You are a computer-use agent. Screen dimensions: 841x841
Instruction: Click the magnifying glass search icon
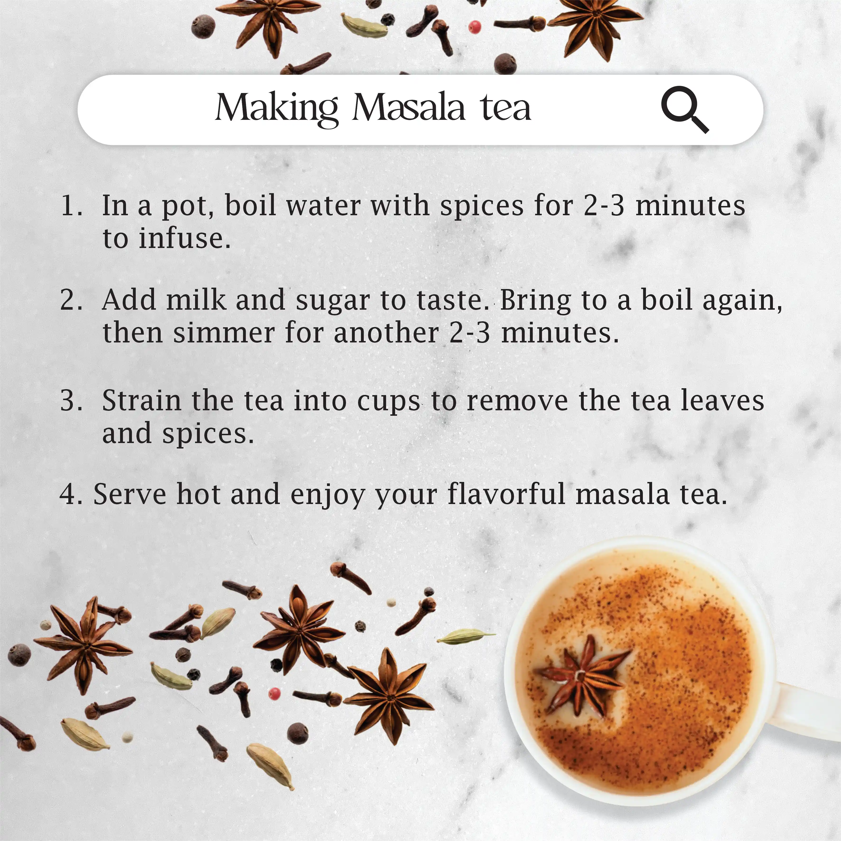tap(685, 109)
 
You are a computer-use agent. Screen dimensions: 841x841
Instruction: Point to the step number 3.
tap(71, 401)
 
